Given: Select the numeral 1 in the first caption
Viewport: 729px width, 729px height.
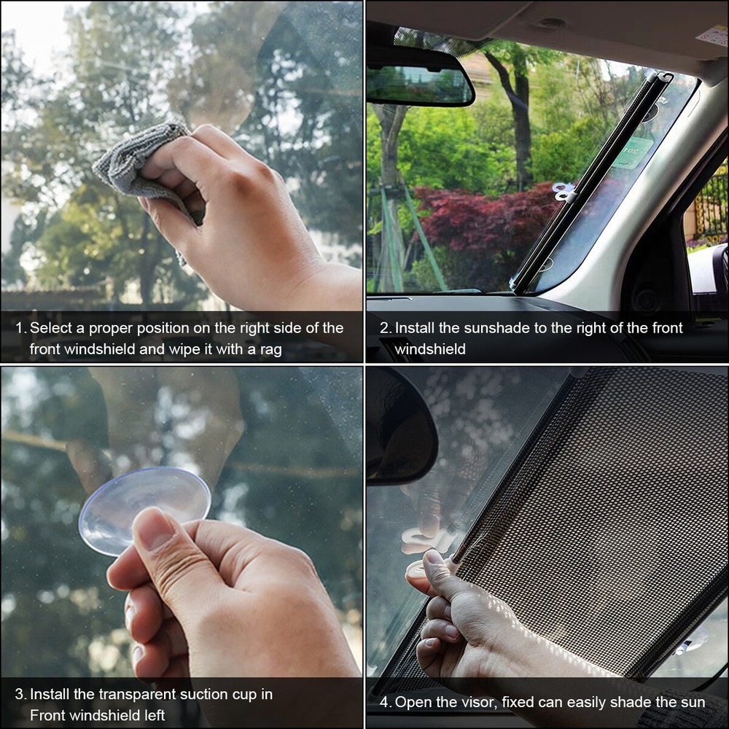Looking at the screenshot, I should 19,329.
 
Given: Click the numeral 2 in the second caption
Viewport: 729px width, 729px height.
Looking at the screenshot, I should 384,329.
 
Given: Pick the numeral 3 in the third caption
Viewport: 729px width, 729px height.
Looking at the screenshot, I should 19,695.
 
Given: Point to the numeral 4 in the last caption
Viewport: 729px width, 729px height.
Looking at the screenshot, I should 385,703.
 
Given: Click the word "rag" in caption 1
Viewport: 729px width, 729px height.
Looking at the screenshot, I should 270,350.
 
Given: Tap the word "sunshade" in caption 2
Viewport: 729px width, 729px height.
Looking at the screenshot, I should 480,329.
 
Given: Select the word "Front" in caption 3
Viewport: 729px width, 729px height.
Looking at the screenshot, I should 48,715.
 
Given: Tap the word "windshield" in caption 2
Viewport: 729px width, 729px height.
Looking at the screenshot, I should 430,350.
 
